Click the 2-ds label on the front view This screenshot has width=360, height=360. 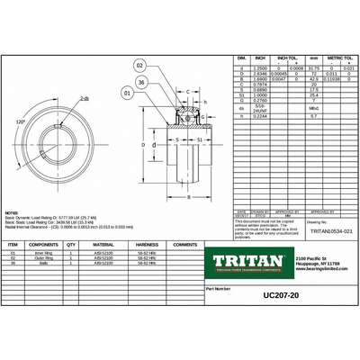[x=85, y=98]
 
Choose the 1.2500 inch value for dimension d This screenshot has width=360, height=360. [x=238, y=68]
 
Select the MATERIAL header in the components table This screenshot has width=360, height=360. [x=103, y=244]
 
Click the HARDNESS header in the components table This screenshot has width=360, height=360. [x=148, y=244]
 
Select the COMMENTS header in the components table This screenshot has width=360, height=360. [x=185, y=244]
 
